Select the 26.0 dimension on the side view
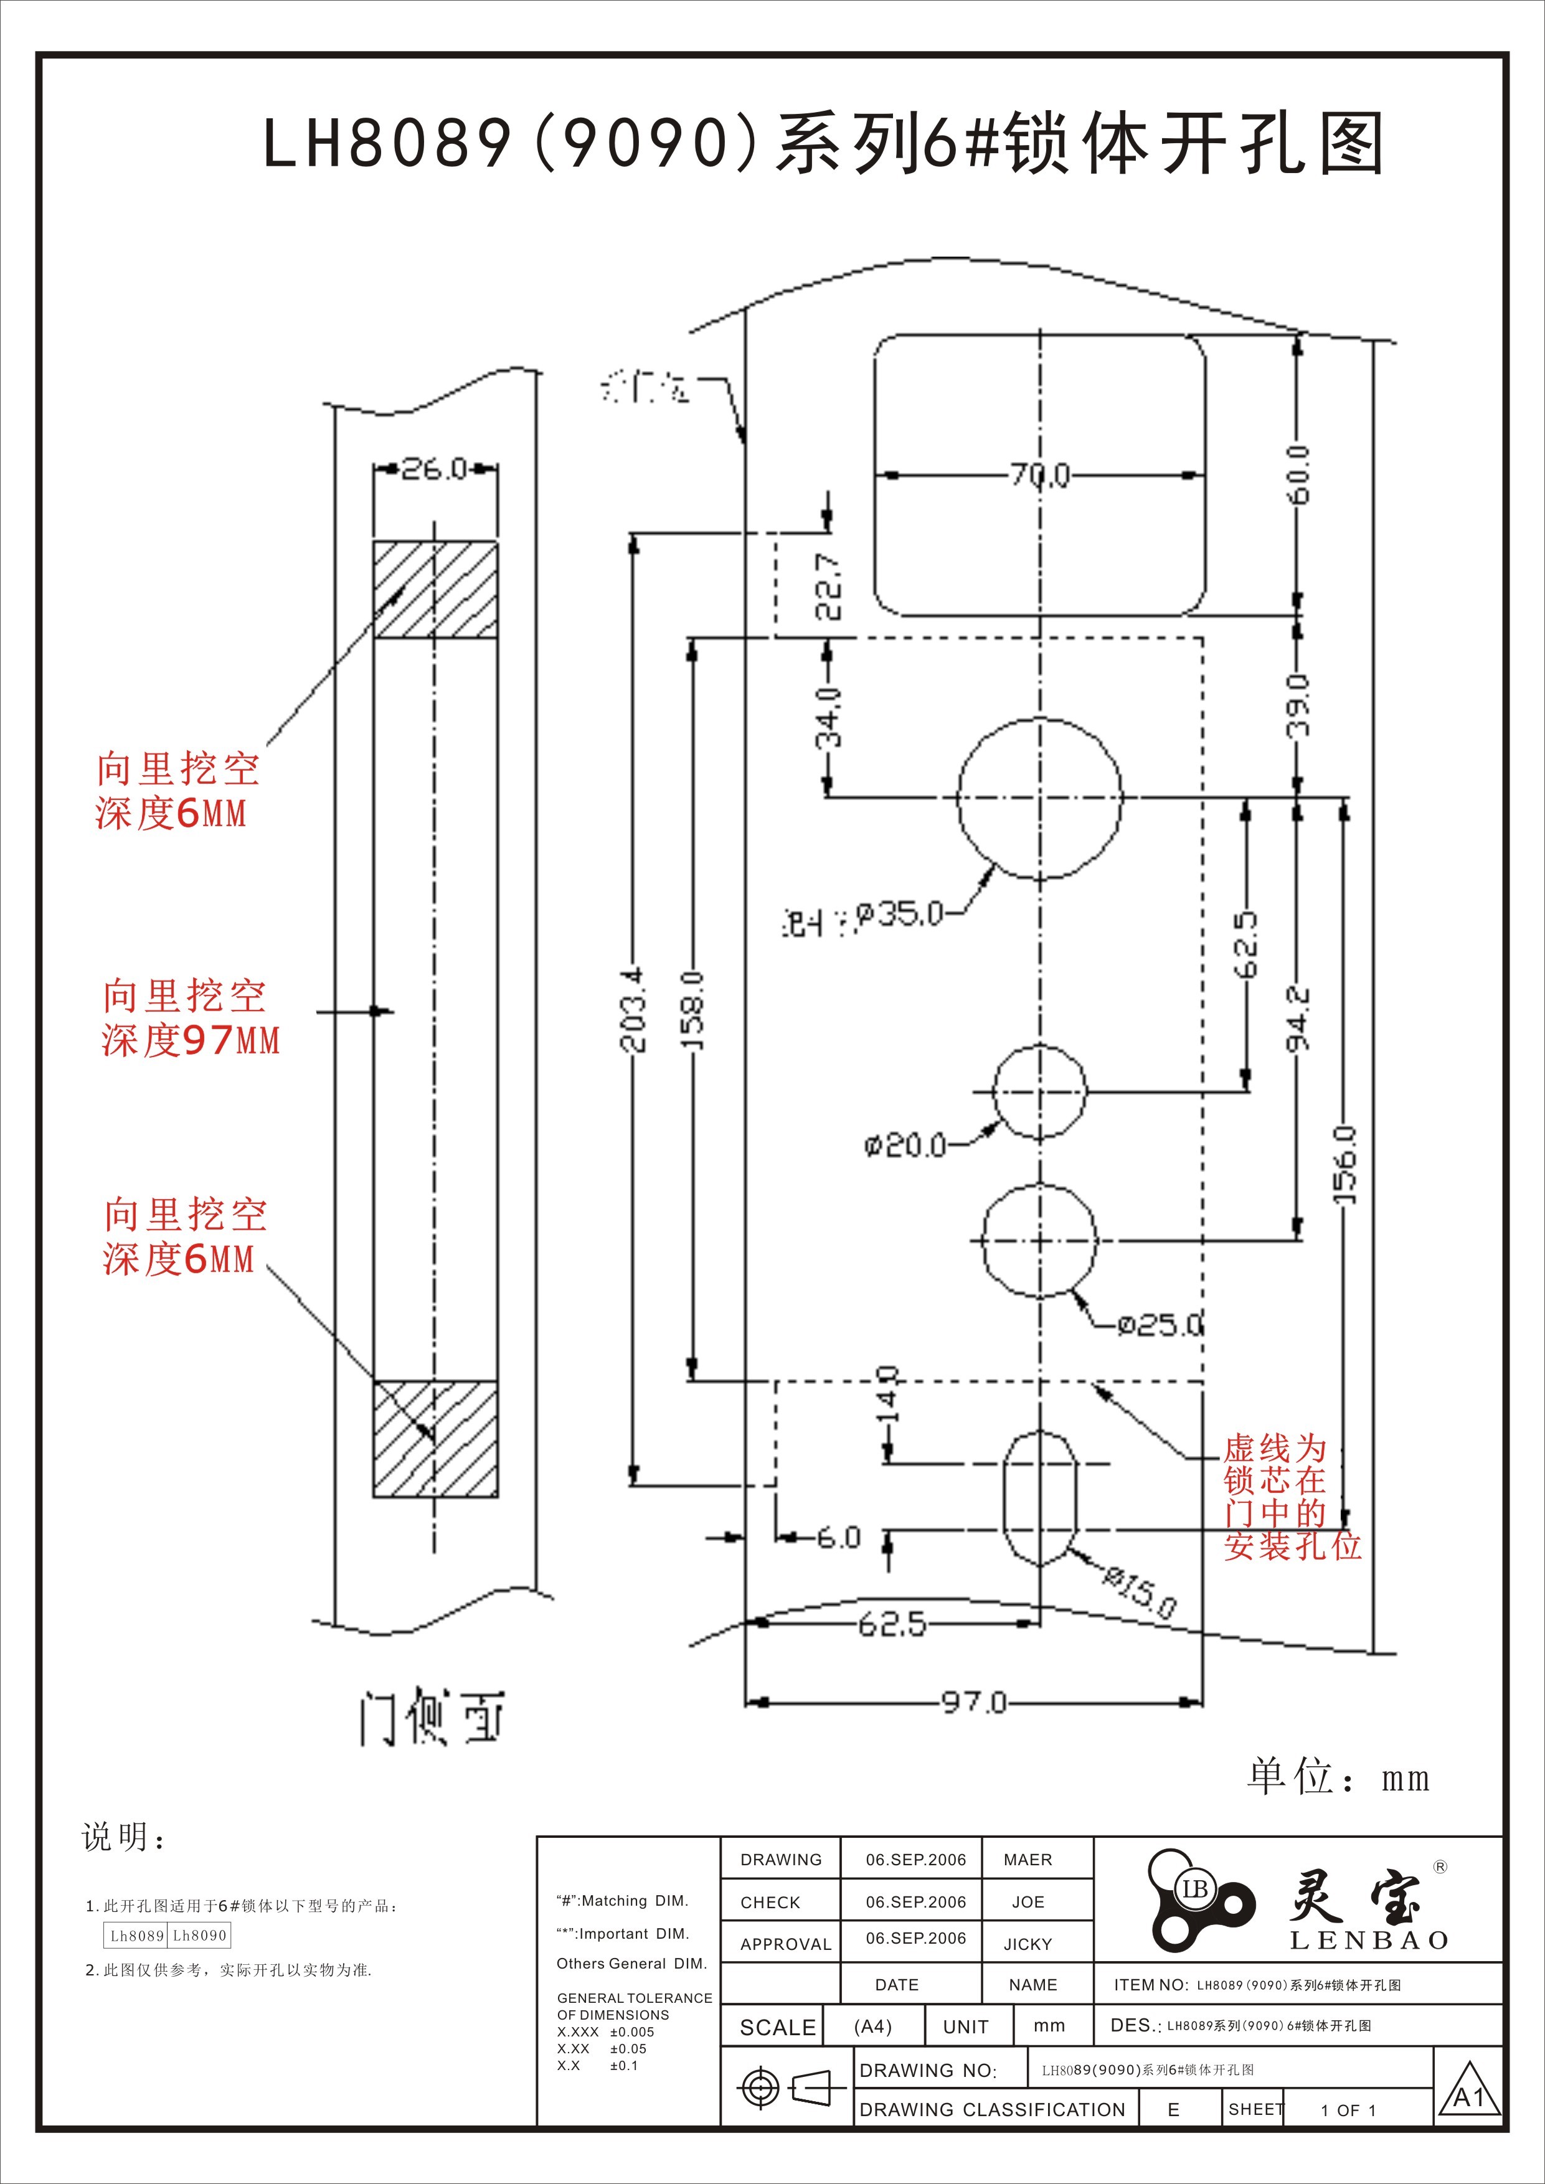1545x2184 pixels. [x=434, y=468]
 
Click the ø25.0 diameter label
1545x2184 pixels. [x=1160, y=1324]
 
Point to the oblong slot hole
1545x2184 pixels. [x=1040, y=1498]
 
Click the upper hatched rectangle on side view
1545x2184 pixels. [x=435, y=589]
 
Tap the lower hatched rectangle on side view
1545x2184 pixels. [x=435, y=1438]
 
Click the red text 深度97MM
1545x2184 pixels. [x=191, y=1040]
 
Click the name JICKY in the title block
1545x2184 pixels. [x=1028, y=1944]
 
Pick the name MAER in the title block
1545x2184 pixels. [x=1028, y=1860]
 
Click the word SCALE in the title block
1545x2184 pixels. [x=777, y=2027]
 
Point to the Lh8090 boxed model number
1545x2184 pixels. [x=200, y=1936]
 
